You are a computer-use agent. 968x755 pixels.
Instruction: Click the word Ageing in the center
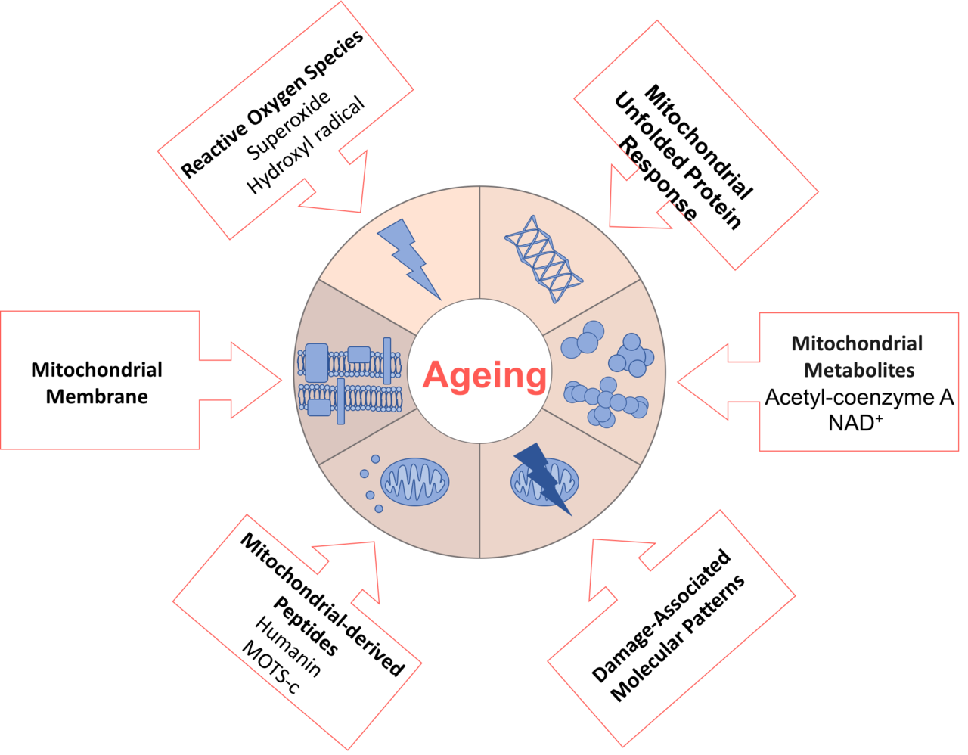(x=485, y=375)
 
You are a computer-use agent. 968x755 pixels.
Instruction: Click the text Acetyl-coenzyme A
(x=858, y=397)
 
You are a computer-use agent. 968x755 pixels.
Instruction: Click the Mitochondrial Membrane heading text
(x=97, y=383)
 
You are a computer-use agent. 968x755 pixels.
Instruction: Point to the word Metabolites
(x=859, y=370)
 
